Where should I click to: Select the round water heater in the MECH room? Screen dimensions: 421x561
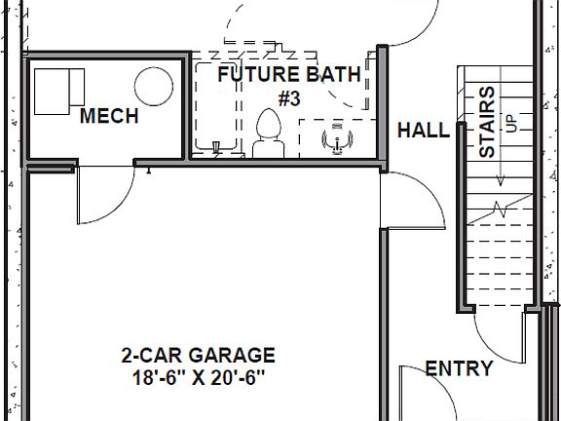coord(152,86)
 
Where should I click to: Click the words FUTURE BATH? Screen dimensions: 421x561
coord(288,74)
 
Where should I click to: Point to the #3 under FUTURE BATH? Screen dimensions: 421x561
coord(289,98)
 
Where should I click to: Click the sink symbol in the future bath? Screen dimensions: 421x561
coord(337,138)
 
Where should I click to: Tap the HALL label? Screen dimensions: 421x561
coord(423,131)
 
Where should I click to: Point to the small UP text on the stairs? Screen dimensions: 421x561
coord(508,123)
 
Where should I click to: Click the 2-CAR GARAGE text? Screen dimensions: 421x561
coord(198,356)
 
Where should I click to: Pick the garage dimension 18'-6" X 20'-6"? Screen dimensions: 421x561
coord(198,377)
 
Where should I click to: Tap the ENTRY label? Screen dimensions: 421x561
coord(459,369)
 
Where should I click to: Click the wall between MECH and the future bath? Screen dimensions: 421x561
coord(187,107)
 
